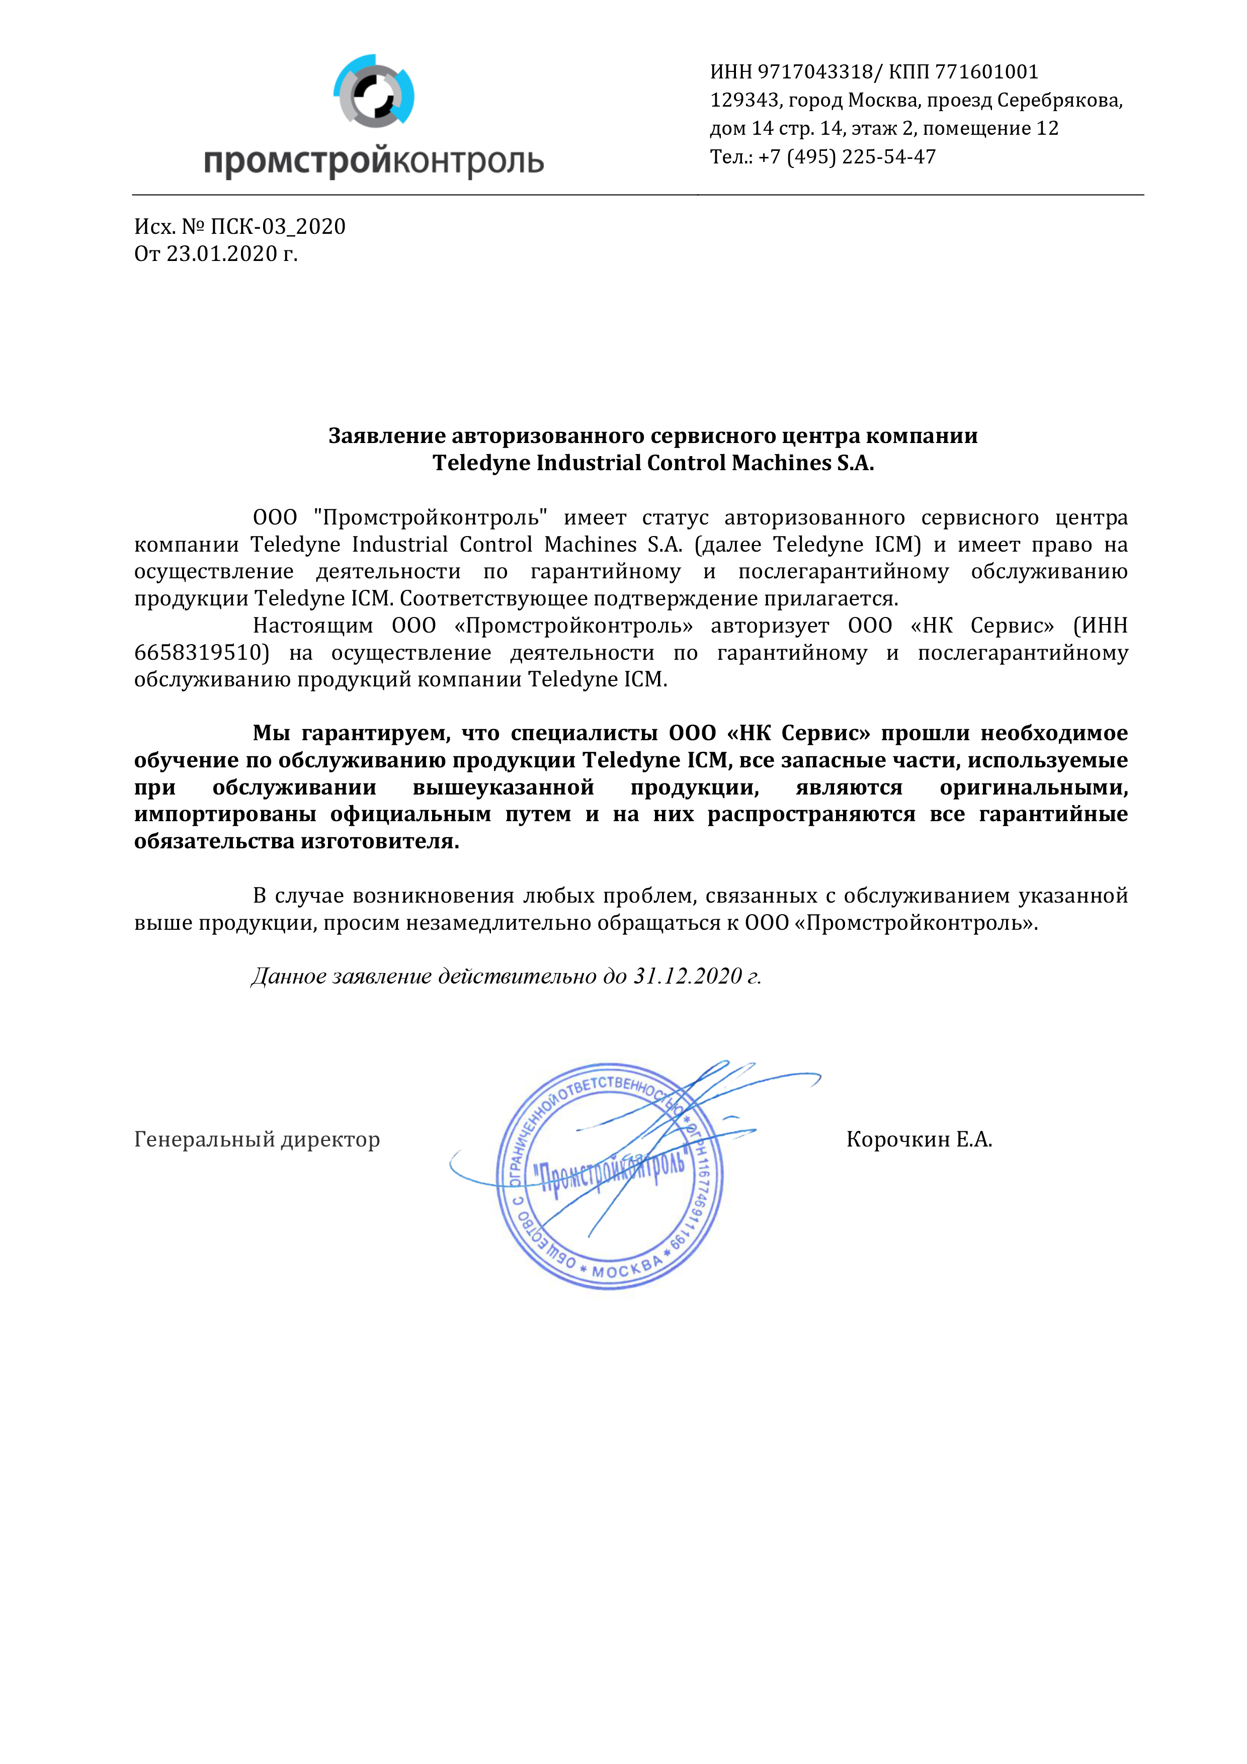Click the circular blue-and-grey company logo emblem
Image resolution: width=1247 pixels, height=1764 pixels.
coord(374,91)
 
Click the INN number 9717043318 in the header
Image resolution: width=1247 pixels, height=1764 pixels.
coord(815,72)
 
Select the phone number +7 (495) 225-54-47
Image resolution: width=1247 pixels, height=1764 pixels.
coord(847,157)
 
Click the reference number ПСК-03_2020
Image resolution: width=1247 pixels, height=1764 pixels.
coord(278,227)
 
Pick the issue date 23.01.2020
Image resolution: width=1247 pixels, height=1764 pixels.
coord(221,253)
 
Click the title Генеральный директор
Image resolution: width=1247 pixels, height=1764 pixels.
coord(257,1139)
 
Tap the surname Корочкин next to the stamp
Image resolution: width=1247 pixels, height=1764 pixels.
coord(897,1139)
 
